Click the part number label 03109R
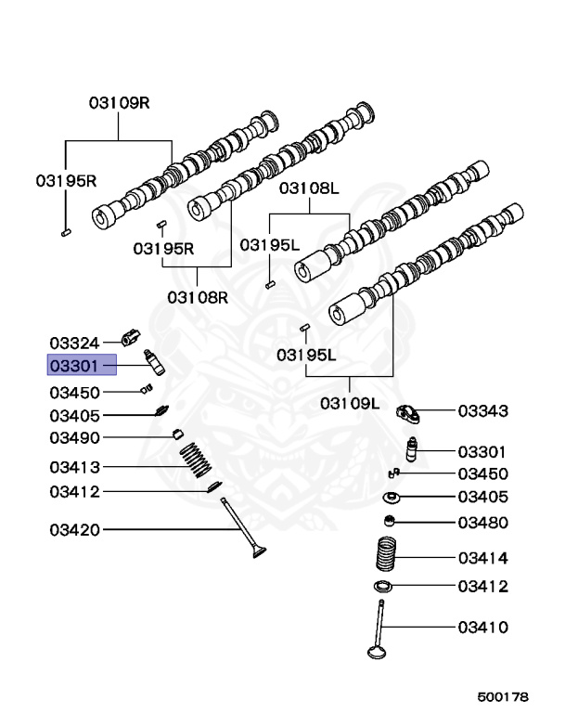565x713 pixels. point(119,103)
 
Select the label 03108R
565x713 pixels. point(198,297)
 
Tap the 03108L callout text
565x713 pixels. point(310,188)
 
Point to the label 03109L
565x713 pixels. point(350,403)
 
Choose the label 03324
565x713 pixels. point(74,343)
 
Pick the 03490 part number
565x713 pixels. point(74,437)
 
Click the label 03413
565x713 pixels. point(74,466)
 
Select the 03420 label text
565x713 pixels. point(74,530)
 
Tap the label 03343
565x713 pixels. point(482,409)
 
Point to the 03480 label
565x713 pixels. point(482,523)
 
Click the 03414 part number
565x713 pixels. point(482,558)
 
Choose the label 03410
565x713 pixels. point(482,628)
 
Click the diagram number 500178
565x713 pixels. point(504,694)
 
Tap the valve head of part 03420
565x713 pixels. point(256,553)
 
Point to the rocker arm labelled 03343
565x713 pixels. point(410,412)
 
